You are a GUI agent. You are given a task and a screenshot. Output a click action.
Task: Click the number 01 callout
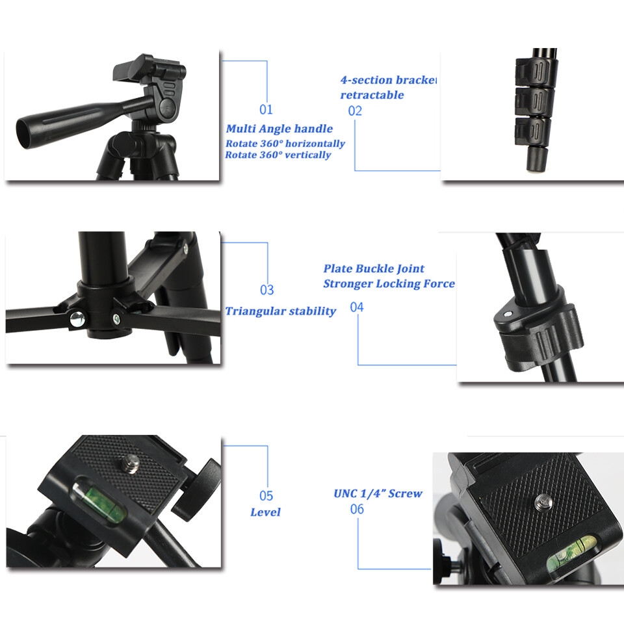pos(266,109)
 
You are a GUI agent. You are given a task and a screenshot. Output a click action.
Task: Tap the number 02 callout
pos(355,110)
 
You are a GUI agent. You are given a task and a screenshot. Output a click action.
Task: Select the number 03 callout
pos(267,290)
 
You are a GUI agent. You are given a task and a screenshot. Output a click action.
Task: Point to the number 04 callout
pos(357,307)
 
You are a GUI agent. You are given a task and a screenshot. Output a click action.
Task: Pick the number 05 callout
pos(266,495)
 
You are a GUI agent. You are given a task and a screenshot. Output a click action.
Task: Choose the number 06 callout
pos(357,508)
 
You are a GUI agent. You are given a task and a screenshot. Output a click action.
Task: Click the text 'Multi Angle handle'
pos(279,129)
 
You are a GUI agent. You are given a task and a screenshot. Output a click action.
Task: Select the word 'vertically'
pos(307,155)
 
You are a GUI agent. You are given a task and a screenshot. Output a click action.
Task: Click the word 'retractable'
pos(372,95)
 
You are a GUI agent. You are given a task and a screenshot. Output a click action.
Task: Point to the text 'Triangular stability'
pos(281,311)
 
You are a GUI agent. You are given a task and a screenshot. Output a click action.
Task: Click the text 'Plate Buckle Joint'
pos(374,268)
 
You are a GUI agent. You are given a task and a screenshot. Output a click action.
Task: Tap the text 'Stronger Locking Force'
pos(389,284)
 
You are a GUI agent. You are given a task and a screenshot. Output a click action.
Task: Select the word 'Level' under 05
pos(265,512)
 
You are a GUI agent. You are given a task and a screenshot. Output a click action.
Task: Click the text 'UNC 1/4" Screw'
pos(378,493)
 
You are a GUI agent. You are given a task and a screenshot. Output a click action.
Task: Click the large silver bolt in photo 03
pos(77,319)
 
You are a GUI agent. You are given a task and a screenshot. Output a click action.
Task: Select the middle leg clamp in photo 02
pos(533,100)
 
